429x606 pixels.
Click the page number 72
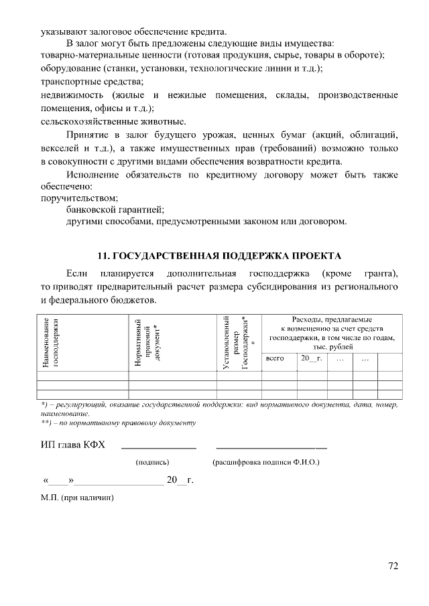[x=393, y=566]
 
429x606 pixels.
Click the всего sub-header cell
[x=275, y=359]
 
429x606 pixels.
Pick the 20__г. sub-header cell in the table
[x=312, y=359]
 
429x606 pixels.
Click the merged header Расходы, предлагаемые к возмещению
[x=332, y=333]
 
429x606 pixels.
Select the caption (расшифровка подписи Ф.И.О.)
[x=266, y=462]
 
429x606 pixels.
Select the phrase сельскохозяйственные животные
[x=103, y=121]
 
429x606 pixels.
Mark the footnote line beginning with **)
[x=118, y=423]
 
